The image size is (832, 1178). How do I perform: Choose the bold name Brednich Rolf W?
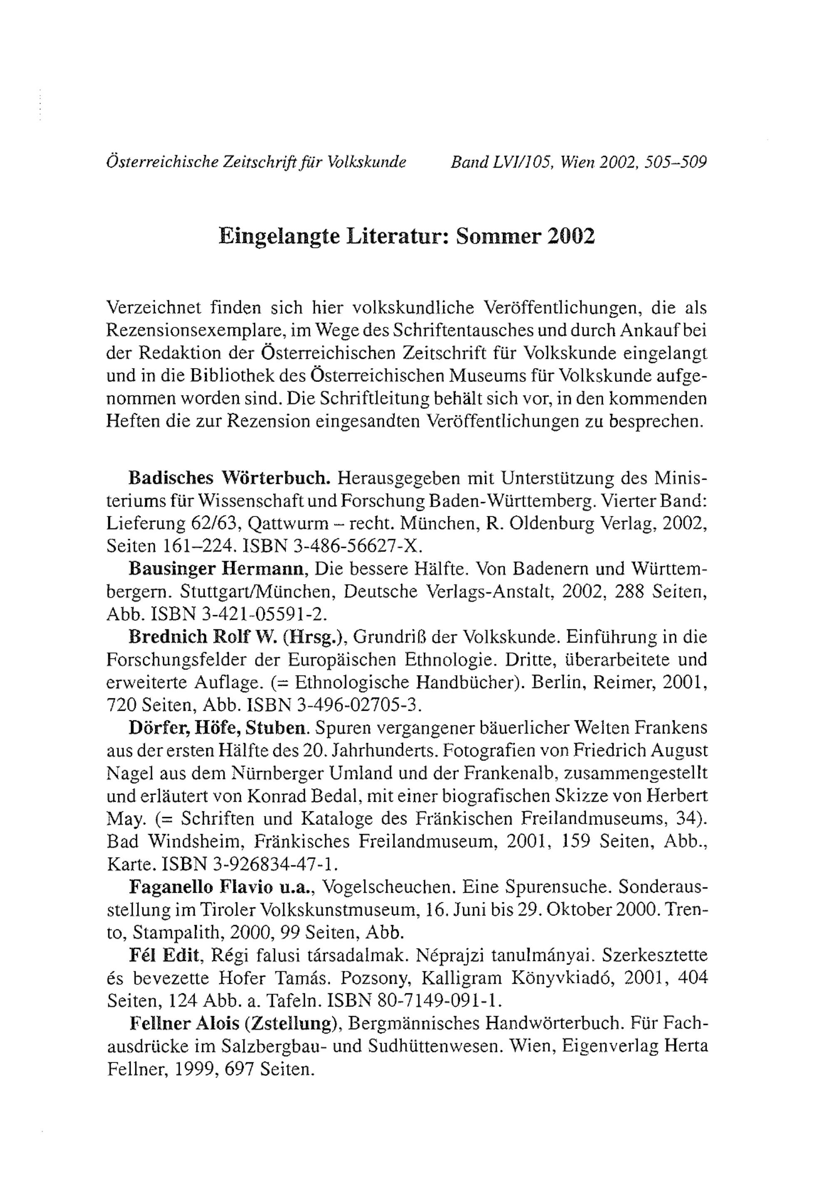pos(203,637)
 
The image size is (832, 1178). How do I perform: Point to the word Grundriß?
pos(388,637)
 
